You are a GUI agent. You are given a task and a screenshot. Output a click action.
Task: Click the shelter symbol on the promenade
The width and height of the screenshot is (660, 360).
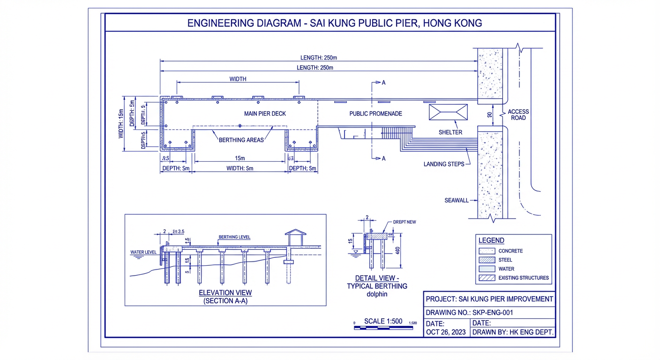point(448,112)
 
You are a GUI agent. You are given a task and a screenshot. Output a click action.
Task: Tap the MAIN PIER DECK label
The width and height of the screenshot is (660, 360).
point(265,113)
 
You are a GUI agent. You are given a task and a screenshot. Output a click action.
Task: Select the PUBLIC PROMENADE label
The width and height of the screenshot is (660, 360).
point(375,113)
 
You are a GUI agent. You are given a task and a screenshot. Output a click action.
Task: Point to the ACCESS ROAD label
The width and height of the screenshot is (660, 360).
point(518,115)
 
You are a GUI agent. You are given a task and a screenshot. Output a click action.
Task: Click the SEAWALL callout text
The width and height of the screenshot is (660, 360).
point(456,201)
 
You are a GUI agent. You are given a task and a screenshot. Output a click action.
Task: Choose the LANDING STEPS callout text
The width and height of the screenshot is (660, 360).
point(443,164)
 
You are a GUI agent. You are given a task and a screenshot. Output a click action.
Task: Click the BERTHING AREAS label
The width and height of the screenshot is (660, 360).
point(241,140)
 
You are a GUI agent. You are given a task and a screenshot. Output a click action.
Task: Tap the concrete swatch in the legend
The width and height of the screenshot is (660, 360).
point(487,251)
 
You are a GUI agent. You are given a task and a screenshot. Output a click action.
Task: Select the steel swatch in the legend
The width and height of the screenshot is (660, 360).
point(487,260)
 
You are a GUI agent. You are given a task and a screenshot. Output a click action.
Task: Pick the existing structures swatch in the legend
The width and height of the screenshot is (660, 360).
point(487,278)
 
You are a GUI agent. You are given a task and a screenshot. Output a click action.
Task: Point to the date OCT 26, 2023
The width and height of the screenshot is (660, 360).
point(445,332)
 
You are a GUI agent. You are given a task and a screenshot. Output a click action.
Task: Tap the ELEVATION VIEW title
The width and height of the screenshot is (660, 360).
point(225,293)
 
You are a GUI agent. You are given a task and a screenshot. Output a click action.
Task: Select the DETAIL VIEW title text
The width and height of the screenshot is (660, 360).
point(377,278)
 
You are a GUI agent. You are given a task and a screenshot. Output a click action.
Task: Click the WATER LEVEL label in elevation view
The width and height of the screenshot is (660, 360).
point(143,252)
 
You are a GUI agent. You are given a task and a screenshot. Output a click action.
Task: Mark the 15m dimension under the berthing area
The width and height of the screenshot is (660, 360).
point(240,158)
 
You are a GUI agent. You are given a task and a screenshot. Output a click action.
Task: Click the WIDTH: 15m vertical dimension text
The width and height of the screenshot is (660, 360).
point(120,124)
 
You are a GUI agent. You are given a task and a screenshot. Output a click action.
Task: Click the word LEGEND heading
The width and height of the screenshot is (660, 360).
point(491,240)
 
